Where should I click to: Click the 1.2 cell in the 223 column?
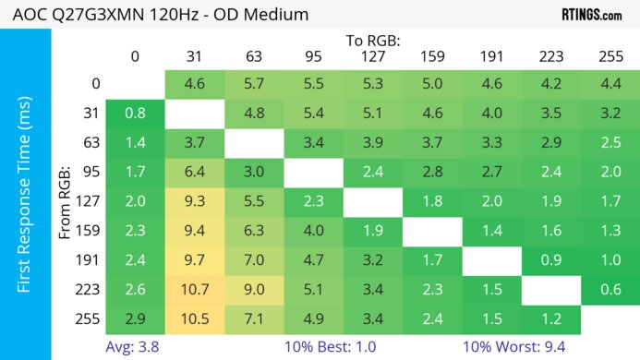550,320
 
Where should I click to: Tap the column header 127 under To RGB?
372,56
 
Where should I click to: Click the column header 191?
491,56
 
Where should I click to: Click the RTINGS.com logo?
591,15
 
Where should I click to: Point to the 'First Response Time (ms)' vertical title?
26,198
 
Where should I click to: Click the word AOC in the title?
25,15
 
